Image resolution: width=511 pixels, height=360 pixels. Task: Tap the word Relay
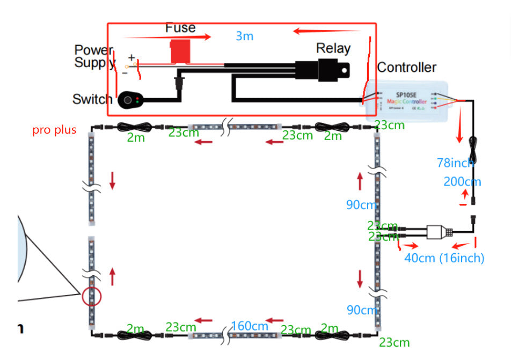(333, 48)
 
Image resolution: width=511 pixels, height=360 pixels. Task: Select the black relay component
(322, 69)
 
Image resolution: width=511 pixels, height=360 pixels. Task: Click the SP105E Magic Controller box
(407, 99)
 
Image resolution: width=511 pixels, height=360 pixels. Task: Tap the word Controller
(406, 68)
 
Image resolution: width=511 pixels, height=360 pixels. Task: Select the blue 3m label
(244, 36)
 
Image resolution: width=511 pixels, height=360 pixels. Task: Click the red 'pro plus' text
(54, 130)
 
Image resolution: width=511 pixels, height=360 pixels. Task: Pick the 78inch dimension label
(455, 163)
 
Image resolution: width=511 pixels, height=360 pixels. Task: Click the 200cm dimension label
(462, 181)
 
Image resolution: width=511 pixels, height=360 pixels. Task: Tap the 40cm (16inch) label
(444, 258)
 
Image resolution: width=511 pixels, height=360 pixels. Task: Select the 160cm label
(250, 326)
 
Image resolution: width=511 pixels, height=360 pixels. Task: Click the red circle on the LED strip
(92, 296)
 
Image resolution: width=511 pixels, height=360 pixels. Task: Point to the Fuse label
(180, 27)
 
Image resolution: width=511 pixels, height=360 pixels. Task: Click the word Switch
(92, 99)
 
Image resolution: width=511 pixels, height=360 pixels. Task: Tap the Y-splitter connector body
(437, 232)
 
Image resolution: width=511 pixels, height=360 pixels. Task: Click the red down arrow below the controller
(459, 129)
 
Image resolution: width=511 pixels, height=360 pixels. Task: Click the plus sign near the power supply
(131, 57)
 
